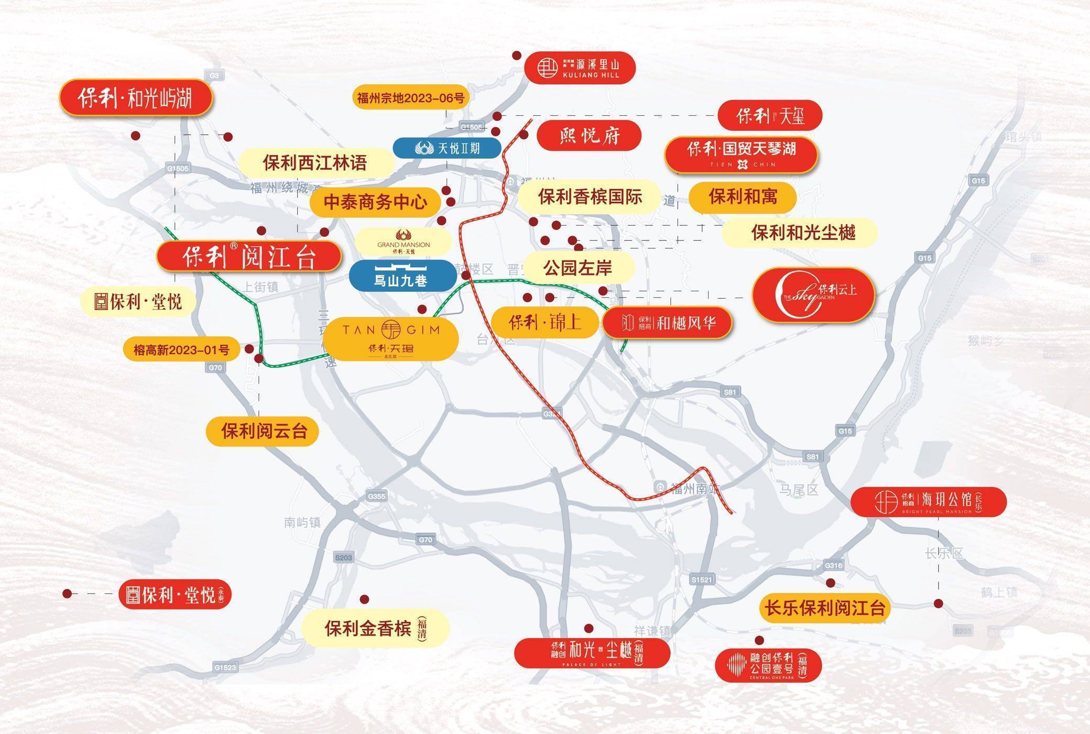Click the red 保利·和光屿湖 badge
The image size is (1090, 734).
[135, 97]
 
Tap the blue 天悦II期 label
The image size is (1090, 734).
[447, 148]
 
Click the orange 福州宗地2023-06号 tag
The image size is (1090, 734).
[410, 97]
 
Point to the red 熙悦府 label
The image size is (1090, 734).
[589, 136]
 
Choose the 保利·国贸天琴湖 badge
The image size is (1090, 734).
[741, 155]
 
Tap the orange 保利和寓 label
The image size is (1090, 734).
[742, 197]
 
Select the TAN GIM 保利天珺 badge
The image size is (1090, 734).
[390, 338]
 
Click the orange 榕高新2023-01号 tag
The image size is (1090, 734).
[181, 349]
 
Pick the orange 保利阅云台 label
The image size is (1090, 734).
[263, 431]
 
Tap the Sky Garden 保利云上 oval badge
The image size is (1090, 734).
[813, 295]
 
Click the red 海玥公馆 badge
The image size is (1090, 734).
[928, 501]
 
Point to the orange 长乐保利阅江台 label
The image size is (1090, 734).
[824, 608]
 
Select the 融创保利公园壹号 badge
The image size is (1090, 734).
[768, 665]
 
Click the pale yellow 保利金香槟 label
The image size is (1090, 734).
[375, 628]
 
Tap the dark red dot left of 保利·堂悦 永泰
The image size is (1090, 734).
[67, 594]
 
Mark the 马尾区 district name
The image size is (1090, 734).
[798, 490]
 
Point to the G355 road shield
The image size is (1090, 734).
[376, 496]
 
